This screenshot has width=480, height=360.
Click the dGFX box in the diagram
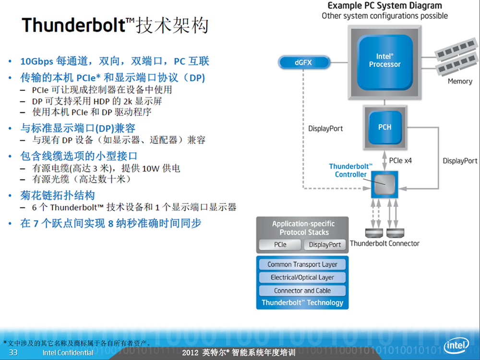click(304, 62)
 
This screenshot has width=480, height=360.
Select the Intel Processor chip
click(385, 62)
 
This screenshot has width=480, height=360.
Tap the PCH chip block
click(385, 127)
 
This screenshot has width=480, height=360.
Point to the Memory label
click(460, 82)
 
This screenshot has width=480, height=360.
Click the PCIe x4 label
click(400, 161)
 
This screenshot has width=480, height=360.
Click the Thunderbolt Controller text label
click(350, 170)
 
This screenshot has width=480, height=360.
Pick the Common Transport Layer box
click(302, 264)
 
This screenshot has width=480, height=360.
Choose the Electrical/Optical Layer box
click(302, 277)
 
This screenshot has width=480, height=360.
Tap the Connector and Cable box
click(302, 291)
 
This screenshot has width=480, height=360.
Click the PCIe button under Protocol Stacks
click(280, 245)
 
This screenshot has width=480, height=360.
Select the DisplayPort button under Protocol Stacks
click(325, 245)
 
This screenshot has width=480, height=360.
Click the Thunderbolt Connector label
click(384, 243)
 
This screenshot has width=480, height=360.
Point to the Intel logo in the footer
click(456, 346)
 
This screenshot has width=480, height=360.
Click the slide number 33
click(13, 353)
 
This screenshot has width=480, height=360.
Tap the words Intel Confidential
click(68, 353)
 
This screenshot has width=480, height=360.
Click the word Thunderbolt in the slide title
click(74, 25)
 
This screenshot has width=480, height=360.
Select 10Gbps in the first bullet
click(37, 61)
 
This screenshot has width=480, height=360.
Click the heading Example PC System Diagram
click(385, 5)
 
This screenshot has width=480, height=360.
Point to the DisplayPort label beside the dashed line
click(325, 129)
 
